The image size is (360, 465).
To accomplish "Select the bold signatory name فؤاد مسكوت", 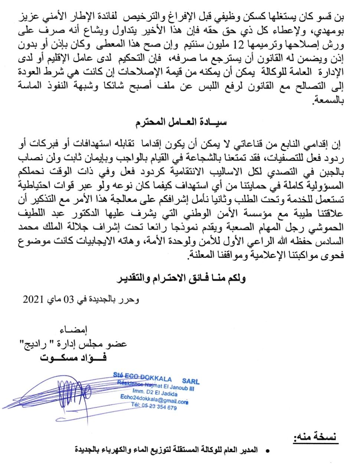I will pyautogui.click(x=71, y=357).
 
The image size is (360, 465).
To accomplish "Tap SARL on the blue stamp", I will pyautogui.click(x=190, y=381).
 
